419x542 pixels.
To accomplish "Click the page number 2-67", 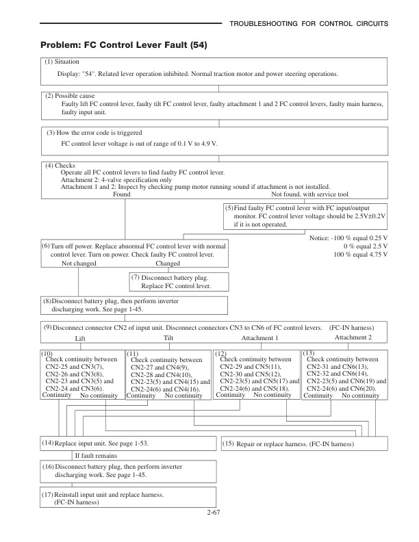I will click(x=209, y=511).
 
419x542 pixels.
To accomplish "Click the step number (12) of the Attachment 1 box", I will click(x=220, y=353).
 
